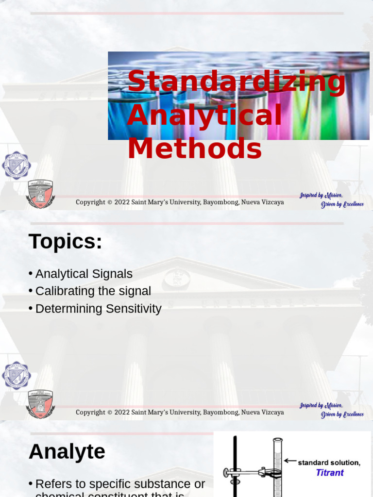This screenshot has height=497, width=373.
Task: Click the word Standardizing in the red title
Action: click(x=236, y=81)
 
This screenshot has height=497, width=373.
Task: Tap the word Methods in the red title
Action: click(x=194, y=149)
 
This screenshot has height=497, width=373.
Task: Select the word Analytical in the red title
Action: click(x=204, y=116)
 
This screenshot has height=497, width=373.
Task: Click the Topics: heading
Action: click(x=66, y=242)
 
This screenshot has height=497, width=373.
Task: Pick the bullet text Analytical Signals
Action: click(x=84, y=274)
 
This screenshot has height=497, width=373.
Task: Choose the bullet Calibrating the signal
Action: click(x=93, y=291)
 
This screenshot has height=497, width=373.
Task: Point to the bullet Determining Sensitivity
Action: click(x=98, y=309)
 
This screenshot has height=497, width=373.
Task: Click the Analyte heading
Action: click(x=67, y=452)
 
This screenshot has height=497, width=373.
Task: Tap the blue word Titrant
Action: click(x=330, y=473)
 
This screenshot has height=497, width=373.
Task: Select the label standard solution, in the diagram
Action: click(x=329, y=463)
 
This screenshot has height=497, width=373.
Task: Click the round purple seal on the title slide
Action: click(x=16, y=166)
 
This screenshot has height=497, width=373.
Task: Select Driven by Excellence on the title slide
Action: click(x=342, y=204)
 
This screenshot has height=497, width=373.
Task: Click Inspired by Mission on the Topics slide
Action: click(x=321, y=405)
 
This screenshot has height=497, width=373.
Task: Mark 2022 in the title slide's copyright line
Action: click(x=122, y=202)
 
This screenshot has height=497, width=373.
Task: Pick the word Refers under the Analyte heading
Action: click(x=53, y=484)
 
